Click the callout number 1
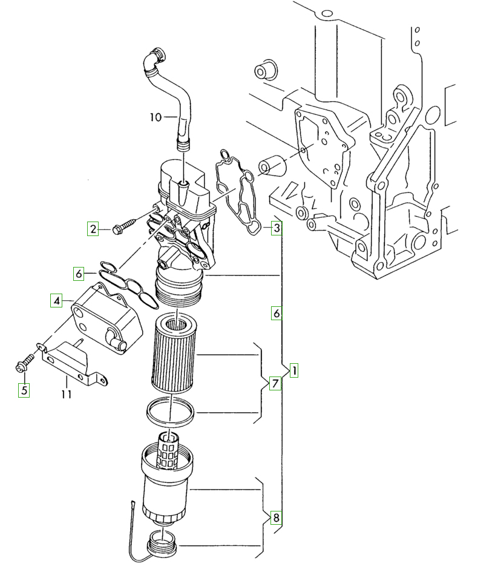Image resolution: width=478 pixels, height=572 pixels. point(293,370)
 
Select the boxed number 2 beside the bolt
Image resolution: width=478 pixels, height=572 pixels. point(93,229)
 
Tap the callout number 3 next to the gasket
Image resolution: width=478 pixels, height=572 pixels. point(277,228)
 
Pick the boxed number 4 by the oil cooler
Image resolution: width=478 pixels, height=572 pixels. point(56,301)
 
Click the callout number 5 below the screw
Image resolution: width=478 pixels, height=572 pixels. point(24,390)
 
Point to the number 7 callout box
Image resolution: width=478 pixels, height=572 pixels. point(275,383)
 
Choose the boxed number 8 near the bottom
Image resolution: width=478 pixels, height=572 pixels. point(276,518)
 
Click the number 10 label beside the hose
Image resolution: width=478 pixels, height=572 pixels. point(156,117)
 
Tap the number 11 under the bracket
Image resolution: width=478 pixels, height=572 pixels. point(67,394)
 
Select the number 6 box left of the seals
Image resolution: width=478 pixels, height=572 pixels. point(79,273)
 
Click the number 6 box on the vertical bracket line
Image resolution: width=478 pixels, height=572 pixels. point(277,313)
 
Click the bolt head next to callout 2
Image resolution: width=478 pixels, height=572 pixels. point(117,230)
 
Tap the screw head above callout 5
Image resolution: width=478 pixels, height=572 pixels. point(21,367)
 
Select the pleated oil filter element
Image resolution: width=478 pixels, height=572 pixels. point(173,354)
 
